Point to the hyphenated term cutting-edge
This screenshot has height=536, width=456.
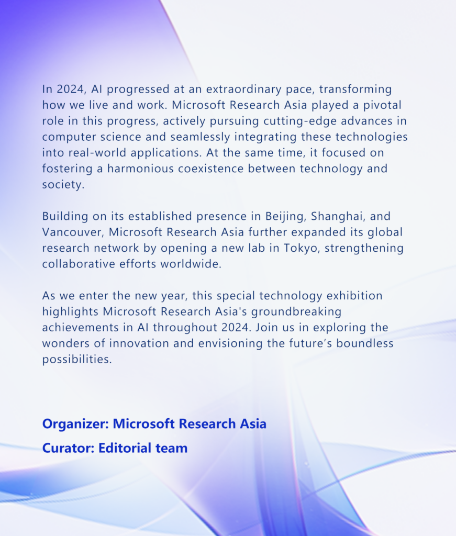pyautogui.click(x=301, y=121)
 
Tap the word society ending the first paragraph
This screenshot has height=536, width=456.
pyautogui.click(x=63, y=185)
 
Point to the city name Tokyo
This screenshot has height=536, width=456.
pyautogui.click(x=302, y=248)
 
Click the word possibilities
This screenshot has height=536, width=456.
pyautogui.click(x=77, y=360)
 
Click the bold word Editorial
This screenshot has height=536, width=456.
pyautogui.click(x=125, y=448)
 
